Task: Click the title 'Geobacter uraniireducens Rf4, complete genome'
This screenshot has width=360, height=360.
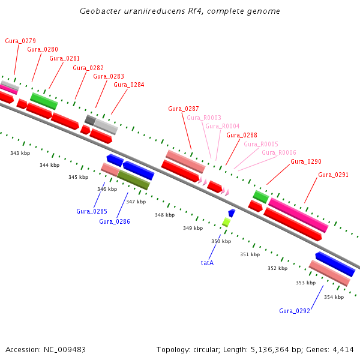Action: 180,11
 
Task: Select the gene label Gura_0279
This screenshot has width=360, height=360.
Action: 20,41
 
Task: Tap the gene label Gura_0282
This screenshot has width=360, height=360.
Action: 88,68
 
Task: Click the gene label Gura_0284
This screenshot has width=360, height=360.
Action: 129,85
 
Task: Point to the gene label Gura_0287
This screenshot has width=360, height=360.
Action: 184,109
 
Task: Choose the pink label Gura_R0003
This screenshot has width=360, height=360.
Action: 204,118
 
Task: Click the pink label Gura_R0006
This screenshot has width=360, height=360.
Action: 279,152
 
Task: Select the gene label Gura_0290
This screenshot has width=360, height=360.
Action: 306,162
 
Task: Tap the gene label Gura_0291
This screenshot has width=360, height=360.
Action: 333,175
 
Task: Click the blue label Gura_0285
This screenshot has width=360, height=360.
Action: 91,211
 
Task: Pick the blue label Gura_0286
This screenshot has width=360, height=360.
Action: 115,221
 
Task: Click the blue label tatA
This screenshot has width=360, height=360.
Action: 207,263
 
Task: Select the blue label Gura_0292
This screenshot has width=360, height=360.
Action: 295,311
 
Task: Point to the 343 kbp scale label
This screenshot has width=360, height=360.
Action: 20,154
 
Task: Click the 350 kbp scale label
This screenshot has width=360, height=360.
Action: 221,241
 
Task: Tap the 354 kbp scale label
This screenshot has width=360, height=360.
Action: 334,297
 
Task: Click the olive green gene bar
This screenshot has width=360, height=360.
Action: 133,180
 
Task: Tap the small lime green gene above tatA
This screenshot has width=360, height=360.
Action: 226,222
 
